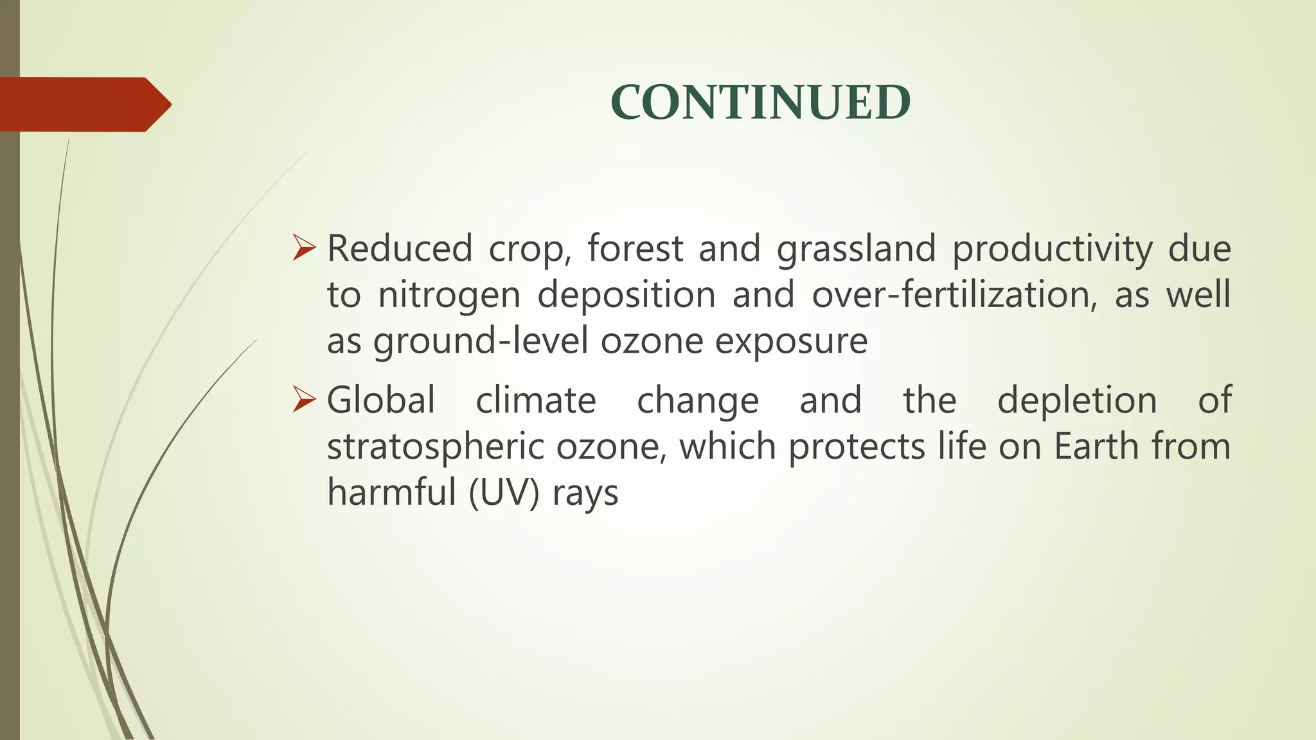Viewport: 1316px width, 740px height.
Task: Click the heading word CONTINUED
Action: point(760,103)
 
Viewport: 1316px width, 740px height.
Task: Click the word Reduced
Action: point(400,249)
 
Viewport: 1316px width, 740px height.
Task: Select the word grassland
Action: point(856,250)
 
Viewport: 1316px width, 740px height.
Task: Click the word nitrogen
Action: point(449,296)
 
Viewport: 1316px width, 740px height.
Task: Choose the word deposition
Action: point(627,296)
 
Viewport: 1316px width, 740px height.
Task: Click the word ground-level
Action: point(481,342)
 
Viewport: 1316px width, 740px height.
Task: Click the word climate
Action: point(536,401)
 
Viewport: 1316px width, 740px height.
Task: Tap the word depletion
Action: point(1077,401)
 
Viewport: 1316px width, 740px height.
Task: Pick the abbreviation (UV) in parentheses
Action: point(504,493)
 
